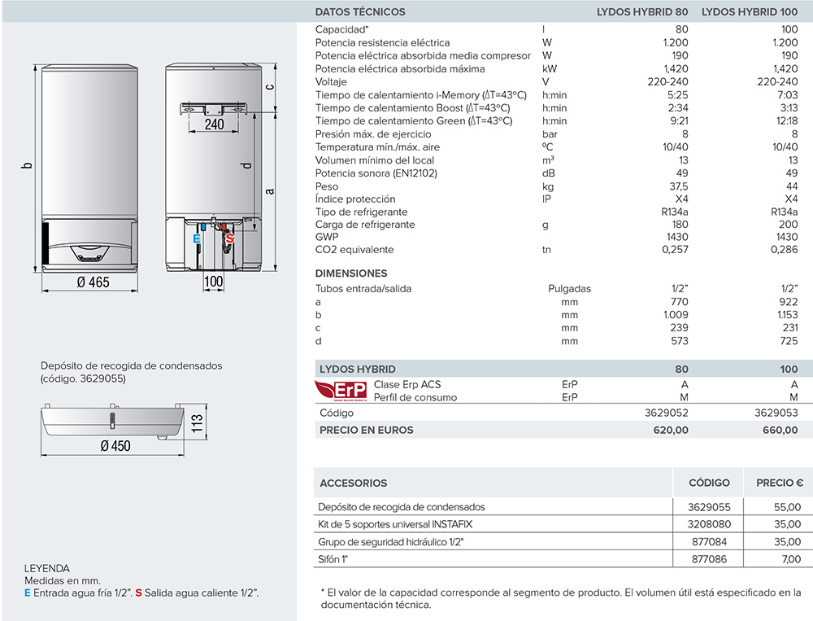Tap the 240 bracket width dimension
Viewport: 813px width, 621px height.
[214, 124]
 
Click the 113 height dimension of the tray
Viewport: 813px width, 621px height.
[196, 425]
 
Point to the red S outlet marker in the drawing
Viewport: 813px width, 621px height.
[229, 239]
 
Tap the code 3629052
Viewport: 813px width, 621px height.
[666, 413]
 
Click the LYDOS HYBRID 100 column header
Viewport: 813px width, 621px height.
[749, 12]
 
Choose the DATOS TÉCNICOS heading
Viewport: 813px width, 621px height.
[359, 12]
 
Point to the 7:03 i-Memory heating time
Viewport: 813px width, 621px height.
[785, 95]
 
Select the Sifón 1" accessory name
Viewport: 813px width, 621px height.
[337, 559]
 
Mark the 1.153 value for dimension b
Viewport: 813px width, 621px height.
[784, 315]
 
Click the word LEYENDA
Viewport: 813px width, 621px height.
[47, 568]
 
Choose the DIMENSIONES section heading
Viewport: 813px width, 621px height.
[351, 273]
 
